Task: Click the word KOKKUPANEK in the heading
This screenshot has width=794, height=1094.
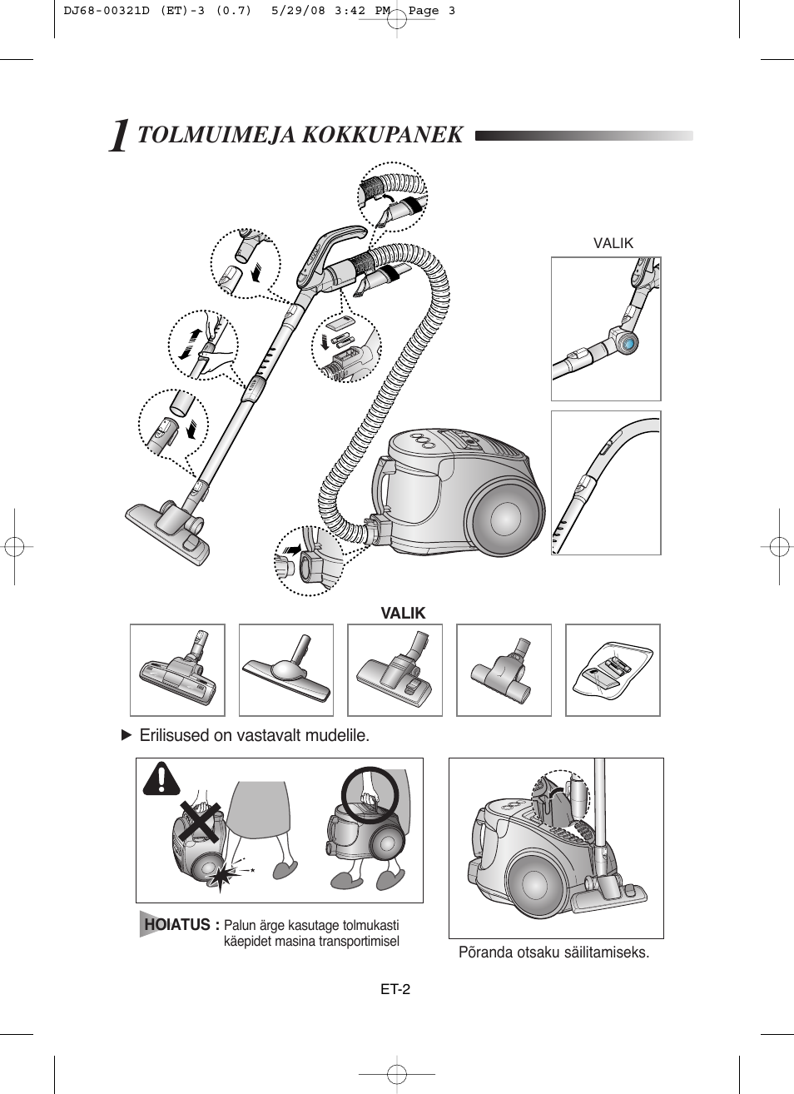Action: (382, 135)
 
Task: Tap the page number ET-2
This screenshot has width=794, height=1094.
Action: (395, 989)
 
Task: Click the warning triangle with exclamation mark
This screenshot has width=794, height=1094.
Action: (161, 778)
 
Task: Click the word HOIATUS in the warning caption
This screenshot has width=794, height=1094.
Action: (177, 924)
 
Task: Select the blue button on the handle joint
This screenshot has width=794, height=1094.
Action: (628, 345)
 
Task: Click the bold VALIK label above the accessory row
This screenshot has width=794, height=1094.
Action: (403, 613)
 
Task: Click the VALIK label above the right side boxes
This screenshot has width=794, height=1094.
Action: (613, 243)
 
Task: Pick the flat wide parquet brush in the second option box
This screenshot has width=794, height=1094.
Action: (286, 669)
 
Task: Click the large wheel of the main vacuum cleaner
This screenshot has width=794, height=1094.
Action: (505, 519)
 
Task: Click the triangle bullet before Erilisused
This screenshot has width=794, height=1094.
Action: (127, 735)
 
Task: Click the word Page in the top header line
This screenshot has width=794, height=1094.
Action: (424, 11)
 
